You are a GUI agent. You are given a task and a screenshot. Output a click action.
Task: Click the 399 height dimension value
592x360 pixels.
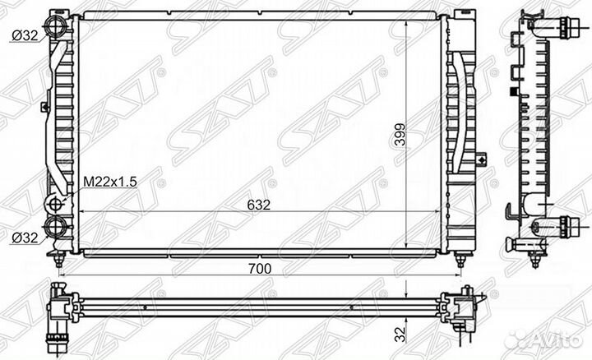click(x=399, y=135)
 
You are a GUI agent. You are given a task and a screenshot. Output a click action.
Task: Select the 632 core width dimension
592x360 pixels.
click(x=259, y=205)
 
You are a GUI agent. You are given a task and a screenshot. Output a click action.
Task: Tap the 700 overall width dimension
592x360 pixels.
click(x=260, y=269)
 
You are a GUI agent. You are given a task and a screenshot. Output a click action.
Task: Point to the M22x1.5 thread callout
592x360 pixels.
click(x=110, y=182)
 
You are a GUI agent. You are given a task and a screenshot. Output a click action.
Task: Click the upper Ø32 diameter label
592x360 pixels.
click(x=25, y=35)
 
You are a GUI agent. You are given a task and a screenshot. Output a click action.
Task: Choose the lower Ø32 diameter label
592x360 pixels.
click(x=25, y=238)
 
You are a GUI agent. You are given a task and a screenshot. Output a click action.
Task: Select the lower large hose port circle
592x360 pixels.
click(x=56, y=226)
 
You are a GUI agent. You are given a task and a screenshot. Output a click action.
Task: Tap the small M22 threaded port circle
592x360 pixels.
click(x=55, y=204)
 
